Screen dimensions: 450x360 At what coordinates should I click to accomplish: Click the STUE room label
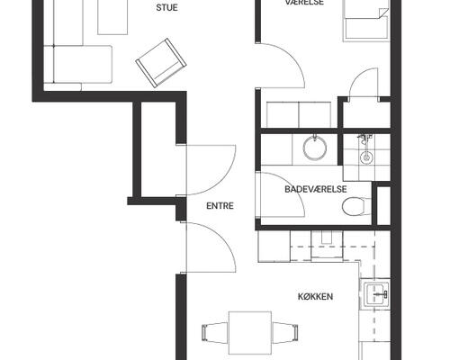[x=166, y=7]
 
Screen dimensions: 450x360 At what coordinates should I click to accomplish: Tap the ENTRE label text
[x=220, y=206]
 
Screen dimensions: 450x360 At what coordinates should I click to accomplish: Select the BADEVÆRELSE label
[x=316, y=189]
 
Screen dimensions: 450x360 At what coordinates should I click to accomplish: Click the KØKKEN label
[x=315, y=297]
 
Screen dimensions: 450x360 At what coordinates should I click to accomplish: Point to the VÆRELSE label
[x=304, y=3]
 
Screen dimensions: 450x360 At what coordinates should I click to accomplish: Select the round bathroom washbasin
[x=314, y=148]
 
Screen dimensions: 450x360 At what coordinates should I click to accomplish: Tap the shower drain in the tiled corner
[x=366, y=157]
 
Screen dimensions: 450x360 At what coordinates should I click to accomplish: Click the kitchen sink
[x=375, y=293]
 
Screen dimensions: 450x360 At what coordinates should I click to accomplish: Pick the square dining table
[x=250, y=333]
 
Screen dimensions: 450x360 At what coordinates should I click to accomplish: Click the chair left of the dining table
[x=215, y=332]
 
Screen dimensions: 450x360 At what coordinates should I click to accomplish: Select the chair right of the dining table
[x=285, y=332]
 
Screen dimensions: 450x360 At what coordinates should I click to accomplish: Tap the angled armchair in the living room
[x=161, y=63]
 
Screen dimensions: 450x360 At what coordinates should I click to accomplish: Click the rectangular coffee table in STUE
[x=112, y=17]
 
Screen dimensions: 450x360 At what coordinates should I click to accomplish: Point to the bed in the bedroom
[x=365, y=21]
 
